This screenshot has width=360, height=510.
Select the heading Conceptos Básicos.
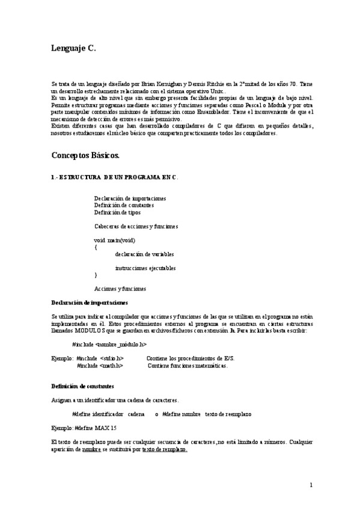coord(85,155)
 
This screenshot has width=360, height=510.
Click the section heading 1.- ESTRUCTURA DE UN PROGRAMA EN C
coord(114,177)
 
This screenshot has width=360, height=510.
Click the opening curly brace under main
coord(96,247)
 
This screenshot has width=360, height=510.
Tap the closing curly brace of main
coord(96,275)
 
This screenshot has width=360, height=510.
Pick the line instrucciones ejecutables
coord(145,268)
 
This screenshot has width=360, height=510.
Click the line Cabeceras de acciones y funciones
coord(136,226)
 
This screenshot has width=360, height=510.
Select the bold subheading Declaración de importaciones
coord(90,303)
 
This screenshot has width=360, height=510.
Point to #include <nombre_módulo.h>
coord(109,345)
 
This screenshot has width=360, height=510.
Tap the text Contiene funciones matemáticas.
coord(188,365)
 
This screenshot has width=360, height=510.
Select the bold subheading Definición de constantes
coord(83,386)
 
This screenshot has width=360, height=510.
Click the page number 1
coord(311,485)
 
